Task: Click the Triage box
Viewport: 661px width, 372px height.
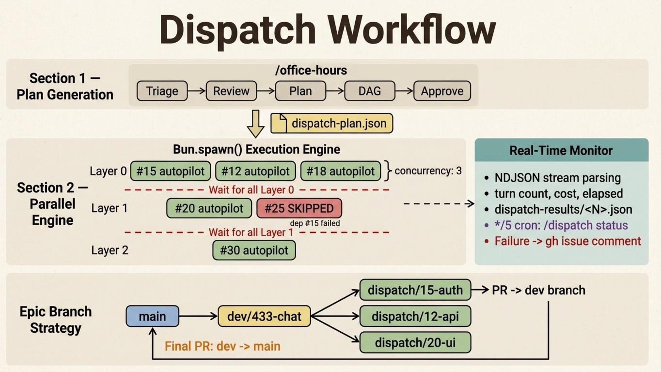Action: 162,91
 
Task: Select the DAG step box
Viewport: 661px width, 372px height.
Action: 369,91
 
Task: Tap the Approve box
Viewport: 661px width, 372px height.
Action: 442,91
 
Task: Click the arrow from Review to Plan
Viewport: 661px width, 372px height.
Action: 266,91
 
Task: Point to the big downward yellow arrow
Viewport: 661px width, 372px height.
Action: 255,124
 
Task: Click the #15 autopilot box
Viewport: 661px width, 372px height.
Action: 170,171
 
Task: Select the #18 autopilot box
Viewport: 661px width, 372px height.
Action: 340,171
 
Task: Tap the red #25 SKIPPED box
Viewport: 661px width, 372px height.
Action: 299,208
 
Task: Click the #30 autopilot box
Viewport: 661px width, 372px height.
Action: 254,250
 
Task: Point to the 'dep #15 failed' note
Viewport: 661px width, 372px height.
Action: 315,223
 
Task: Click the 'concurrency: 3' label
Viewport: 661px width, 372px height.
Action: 428,171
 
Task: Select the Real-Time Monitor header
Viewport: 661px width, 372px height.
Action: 561,151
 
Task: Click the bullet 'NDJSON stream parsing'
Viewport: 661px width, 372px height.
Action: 557,178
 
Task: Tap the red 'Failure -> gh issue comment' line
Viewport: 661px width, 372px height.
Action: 567,241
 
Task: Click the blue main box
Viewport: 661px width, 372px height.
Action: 152,316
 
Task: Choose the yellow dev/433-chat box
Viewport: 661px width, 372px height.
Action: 264,316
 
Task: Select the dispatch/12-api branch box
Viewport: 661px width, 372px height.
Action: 415,316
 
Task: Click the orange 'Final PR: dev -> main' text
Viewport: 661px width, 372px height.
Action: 222,346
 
